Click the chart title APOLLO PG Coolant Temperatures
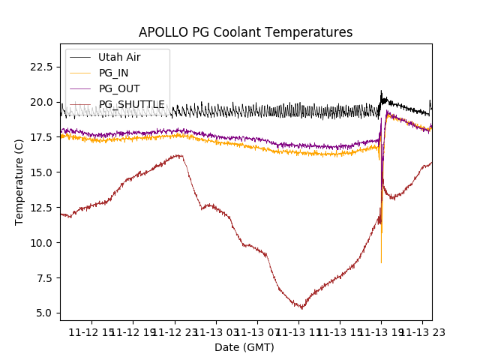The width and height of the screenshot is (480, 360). [x=245, y=32]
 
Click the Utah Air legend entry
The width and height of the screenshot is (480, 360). [x=119, y=57]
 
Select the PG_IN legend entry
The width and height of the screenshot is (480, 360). [x=114, y=73]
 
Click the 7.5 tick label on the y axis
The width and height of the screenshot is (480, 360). [x=43, y=278]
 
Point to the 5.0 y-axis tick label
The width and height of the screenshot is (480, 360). [x=43, y=313]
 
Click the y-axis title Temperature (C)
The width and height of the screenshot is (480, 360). [x=19, y=182]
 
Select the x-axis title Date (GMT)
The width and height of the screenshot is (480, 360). [x=244, y=347]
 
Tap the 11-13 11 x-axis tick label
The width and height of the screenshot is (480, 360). [x=298, y=332]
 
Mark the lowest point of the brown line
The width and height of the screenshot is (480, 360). [x=301, y=308]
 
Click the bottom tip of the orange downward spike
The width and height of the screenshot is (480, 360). [x=381, y=262]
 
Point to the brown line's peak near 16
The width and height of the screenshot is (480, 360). [x=178, y=155]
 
